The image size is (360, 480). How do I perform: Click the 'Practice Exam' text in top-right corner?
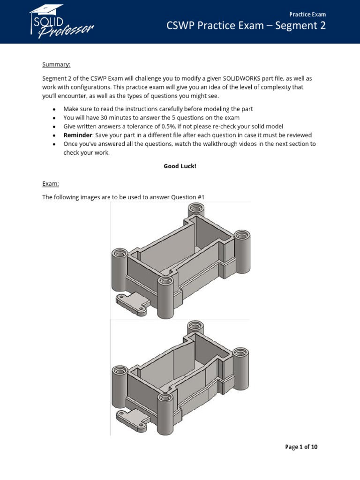point(307,15)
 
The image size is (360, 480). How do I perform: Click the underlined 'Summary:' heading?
point(56,64)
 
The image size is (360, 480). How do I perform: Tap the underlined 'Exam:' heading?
point(51,184)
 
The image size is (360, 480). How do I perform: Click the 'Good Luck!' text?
point(180,166)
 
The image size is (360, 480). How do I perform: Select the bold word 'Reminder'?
point(77,135)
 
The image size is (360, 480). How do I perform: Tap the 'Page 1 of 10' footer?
point(301,447)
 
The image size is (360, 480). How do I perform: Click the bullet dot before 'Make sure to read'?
point(54,109)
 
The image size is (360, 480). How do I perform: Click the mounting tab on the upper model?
point(131,302)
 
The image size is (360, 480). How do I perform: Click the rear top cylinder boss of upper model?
point(192,210)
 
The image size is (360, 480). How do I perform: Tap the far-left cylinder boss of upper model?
point(120,274)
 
